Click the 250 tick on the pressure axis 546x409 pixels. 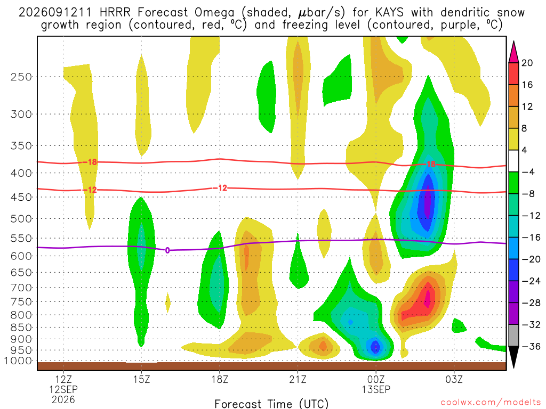21,77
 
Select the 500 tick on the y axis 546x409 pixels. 21,219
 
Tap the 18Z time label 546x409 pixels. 220,379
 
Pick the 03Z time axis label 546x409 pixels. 454,379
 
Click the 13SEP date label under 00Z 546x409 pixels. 376,389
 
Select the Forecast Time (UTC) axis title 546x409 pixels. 271,404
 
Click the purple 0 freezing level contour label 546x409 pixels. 167,250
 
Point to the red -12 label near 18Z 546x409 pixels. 220,188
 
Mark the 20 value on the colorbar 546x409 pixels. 527,63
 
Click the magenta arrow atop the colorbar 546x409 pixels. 513,52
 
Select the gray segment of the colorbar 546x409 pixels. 513,336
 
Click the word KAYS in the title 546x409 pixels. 390,13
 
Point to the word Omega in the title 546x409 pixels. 214,13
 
